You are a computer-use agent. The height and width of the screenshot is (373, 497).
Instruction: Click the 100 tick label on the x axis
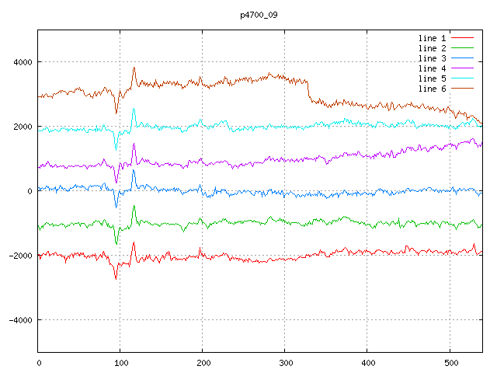point(120,362)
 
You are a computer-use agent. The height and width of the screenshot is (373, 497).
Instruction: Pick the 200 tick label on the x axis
point(203,362)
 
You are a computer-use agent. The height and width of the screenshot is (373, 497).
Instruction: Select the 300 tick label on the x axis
point(285,362)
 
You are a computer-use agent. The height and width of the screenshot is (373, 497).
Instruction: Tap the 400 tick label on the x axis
point(367,362)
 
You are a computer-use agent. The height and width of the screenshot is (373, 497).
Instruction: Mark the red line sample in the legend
point(463,37)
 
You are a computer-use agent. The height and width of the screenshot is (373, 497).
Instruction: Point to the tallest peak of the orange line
point(134,68)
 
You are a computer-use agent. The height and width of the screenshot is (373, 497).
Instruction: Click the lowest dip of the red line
point(116,277)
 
